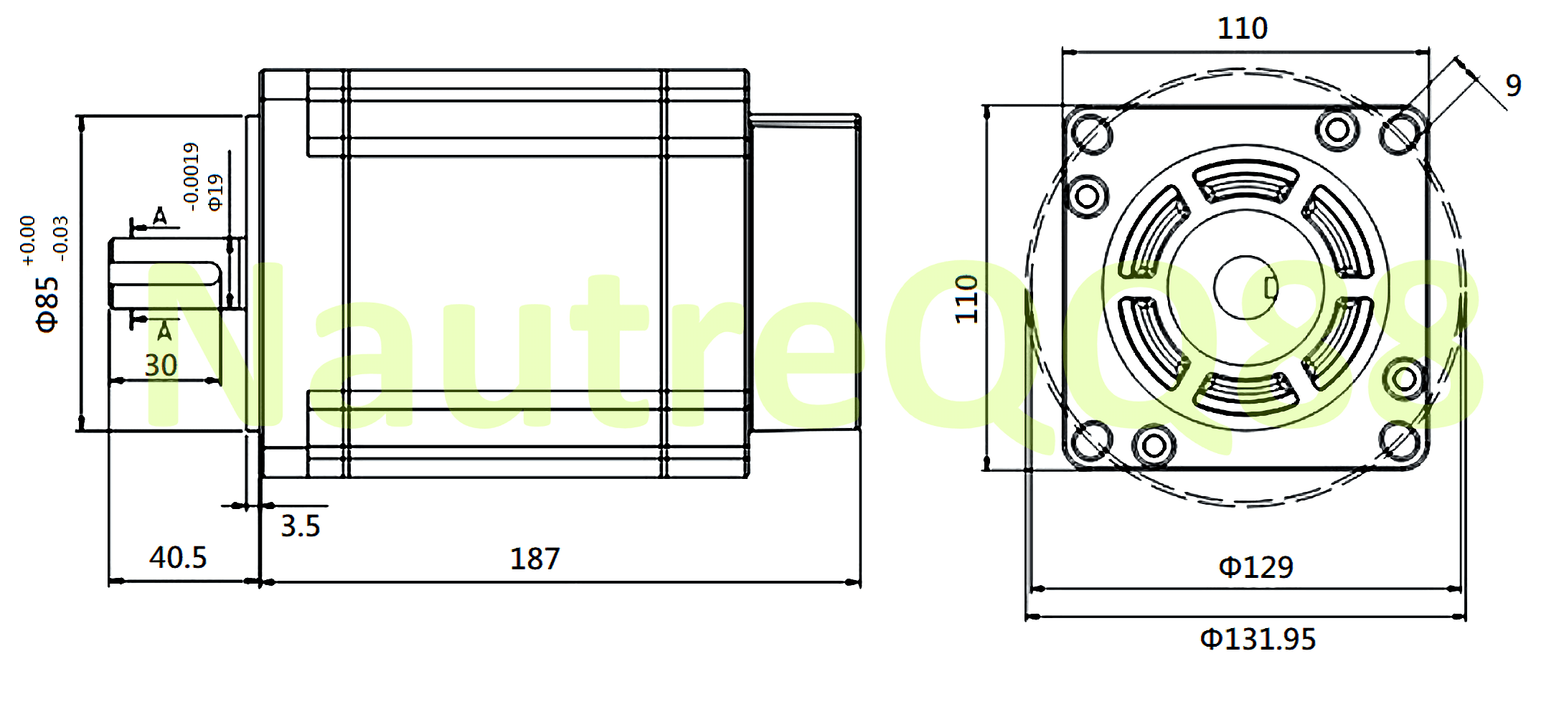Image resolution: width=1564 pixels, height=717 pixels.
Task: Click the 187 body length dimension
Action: (534, 559)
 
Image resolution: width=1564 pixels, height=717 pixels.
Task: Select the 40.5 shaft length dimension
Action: (178, 558)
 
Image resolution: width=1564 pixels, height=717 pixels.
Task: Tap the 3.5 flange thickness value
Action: (300, 526)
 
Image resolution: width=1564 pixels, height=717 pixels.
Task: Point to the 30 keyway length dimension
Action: (161, 366)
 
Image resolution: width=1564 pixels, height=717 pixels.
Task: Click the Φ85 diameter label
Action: (47, 304)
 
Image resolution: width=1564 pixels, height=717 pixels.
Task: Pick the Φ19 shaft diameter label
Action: (215, 192)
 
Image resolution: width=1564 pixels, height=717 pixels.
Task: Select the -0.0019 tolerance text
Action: (191, 176)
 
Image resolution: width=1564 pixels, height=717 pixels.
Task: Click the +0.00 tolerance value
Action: (27, 241)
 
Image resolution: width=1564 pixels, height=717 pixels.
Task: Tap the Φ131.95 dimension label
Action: (1258, 639)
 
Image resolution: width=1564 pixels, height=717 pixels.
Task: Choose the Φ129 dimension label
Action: (1256, 567)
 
